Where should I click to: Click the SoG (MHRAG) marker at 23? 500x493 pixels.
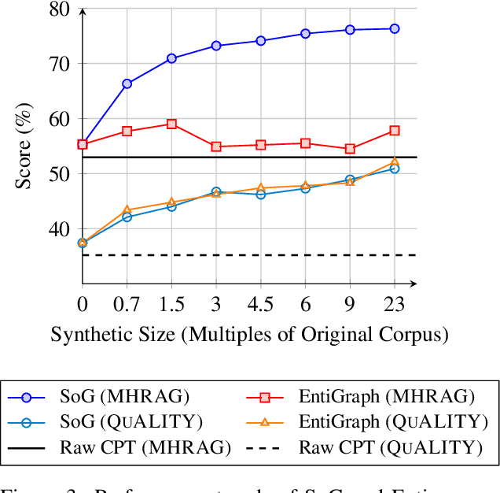click(x=395, y=28)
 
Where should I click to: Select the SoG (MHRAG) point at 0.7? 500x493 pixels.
click(x=127, y=83)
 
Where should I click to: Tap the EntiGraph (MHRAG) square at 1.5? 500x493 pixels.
click(x=171, y=124)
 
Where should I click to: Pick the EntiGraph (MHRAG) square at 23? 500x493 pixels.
click(x=395, y=131)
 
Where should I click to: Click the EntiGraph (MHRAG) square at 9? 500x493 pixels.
click(x=350, y=149)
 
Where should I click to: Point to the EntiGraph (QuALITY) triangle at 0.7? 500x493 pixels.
click(x=127, y=210)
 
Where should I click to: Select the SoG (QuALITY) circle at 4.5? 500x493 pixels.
click(x=261, y=194)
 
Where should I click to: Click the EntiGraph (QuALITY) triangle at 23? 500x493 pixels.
click(x=395, y=161)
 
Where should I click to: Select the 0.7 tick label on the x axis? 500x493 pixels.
click(x=127, y=303)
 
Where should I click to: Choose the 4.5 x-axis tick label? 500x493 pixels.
click(x=261, y=303)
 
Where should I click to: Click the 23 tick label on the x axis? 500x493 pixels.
click(x=395, y=303)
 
